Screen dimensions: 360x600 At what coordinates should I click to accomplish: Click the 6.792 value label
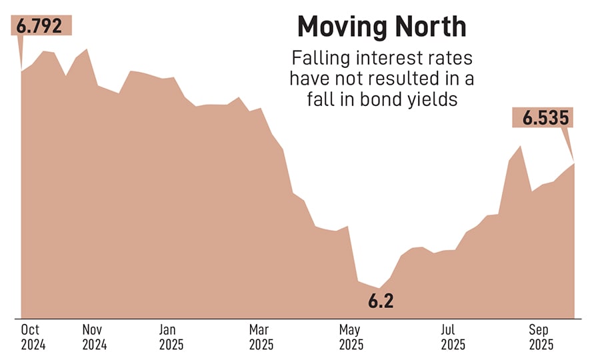(x=41, y=26)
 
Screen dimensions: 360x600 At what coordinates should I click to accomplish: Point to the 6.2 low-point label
(x=381, y=301)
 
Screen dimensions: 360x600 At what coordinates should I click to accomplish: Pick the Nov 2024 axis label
(x=95, y=337)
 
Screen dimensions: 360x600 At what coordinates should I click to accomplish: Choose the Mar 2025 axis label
(x=261, y=337)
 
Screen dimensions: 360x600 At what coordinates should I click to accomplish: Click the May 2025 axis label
(x=351, y=337)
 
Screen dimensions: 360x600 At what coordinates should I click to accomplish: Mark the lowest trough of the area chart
(x=379, y=289)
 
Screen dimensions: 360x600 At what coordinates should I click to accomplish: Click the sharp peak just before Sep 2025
(x=520, y=145)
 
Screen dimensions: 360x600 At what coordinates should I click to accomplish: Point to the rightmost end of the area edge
(x=574, y=163)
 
